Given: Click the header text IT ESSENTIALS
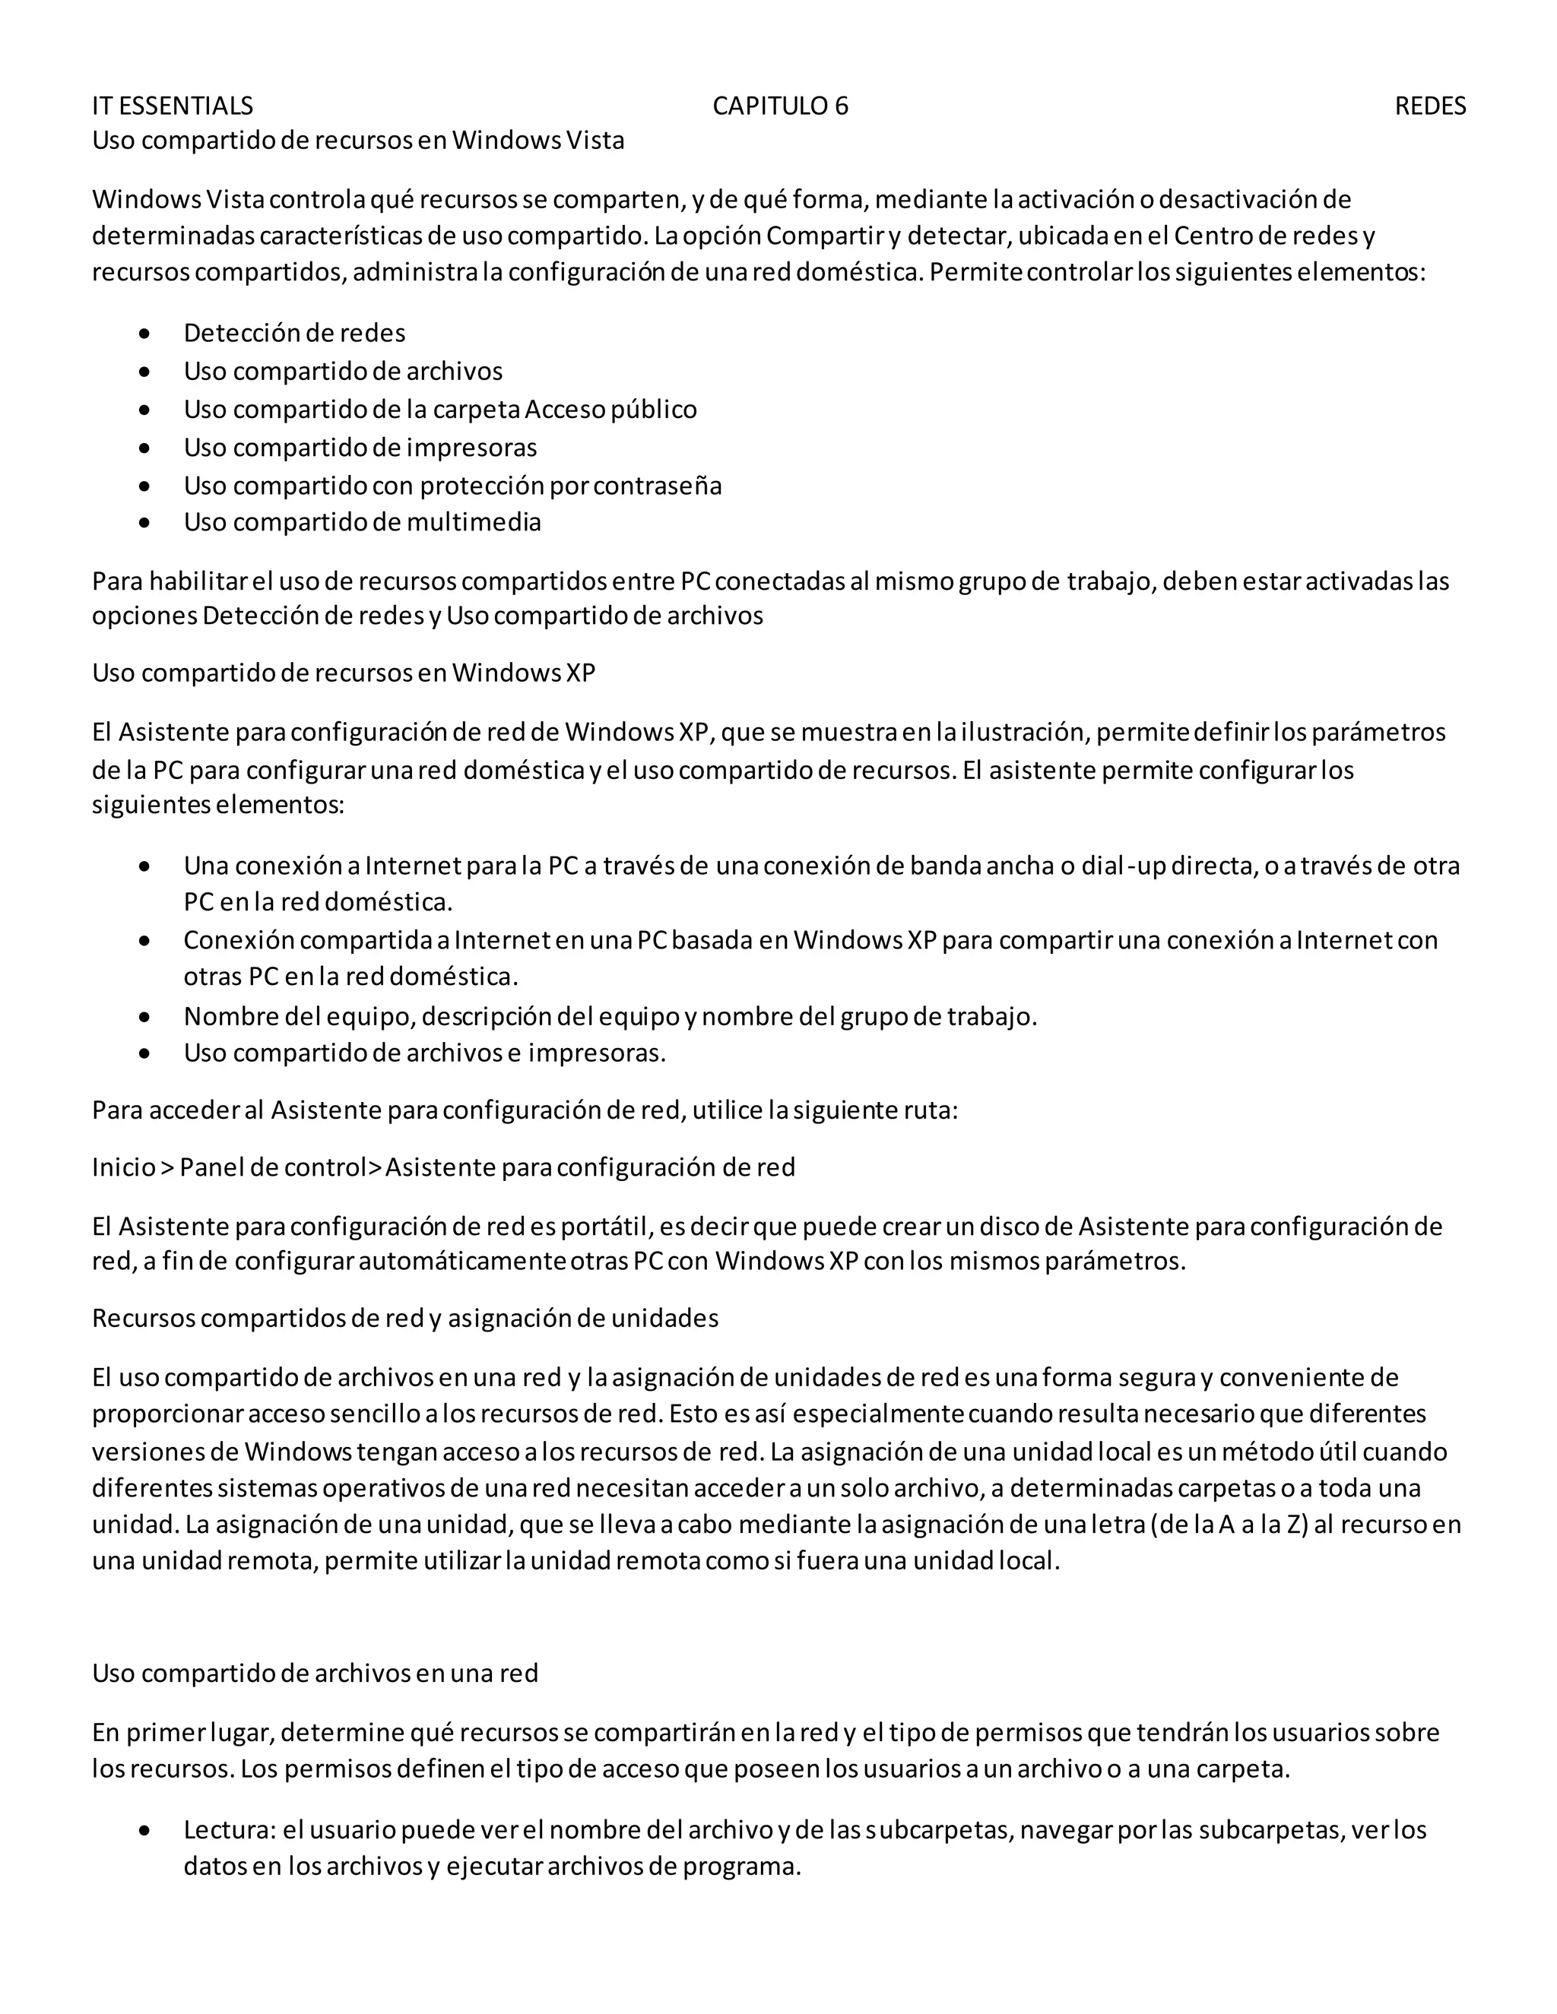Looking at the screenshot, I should point(173,106).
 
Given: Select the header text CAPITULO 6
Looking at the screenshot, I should point(780,106).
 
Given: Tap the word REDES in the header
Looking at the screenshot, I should point(1430,106).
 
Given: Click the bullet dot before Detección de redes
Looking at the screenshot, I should point(144,334).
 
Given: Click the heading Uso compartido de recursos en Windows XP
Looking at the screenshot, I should point(343,673).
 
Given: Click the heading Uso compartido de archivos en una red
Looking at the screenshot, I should point(315,1674).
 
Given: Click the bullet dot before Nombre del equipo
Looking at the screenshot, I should point(144,1017).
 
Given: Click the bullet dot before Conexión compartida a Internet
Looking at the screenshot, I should point(144,941).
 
